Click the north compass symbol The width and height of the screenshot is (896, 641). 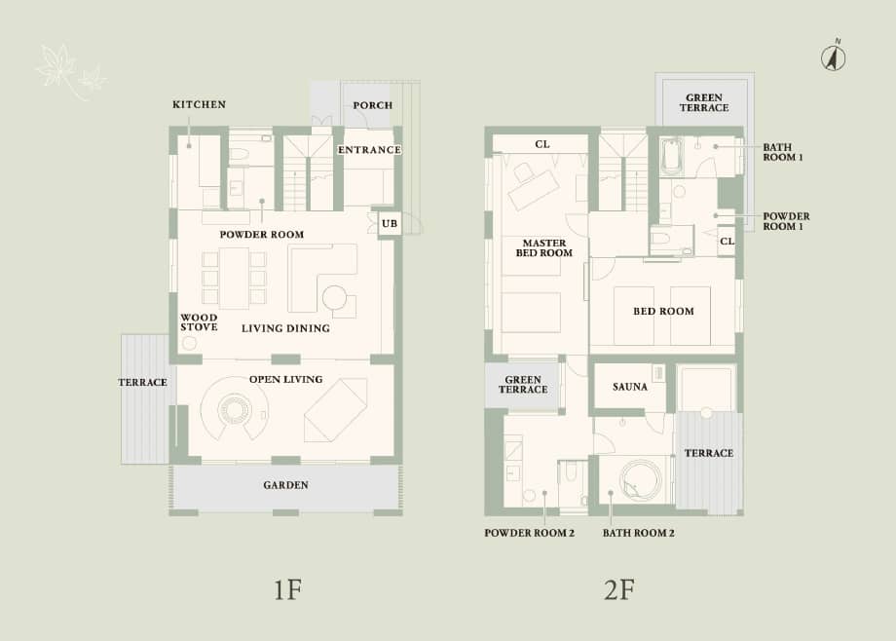click(x=833, y=57)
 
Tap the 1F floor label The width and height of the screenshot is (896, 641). click(x=286, y=589)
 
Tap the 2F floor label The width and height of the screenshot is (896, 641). click(x=619, y=589)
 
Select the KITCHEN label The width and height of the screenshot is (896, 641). click(x=199, y=104)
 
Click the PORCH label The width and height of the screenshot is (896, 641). click(x=372, y=105)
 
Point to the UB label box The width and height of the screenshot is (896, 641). click(x=389, y=224)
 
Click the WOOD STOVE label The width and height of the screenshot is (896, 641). click(x=199, y=322)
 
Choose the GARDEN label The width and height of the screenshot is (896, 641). click(x=285, y=485)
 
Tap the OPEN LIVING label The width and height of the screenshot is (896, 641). click(x=285, y=379)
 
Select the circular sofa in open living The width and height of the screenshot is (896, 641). click(x=235, y=411)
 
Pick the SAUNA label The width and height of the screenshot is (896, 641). click(x=630, y=387)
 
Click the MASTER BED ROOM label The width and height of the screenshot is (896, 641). click(x=544, y=247)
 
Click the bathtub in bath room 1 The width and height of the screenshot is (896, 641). click(x=671, y=154)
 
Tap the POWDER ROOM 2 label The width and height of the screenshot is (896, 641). click(x=530, y=533)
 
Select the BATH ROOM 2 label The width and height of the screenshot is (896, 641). click(x=639, y=533)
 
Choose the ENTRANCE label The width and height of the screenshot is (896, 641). click(x=369, y=149)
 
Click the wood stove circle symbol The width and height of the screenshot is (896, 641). click(x=189, y=343)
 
